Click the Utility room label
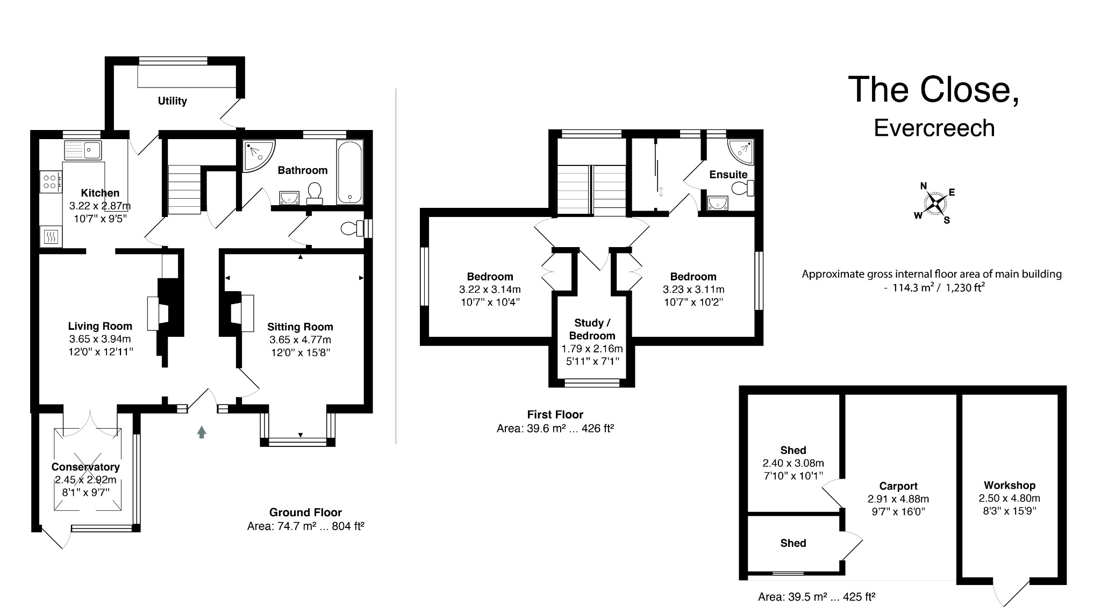(x=172, y=101)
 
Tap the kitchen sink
(x=83, y=150)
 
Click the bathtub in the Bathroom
(x=349, y=172)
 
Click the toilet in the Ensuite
(x=743, y=188)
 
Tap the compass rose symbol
(x=935, y=204)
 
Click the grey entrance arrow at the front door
(x=202, y=432)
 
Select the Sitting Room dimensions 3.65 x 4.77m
(x=300, y=340)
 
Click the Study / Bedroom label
(x=592, y=329)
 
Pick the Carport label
(x=898, y=486)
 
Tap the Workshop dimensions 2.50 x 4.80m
(x=1009, y=498)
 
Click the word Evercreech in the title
(x=934, y=128)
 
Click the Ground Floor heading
(x=305, y=512)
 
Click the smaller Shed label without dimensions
(x=793, y=543)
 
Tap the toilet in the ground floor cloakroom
(x=353, y=229)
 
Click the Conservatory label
(x=85, y=467)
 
